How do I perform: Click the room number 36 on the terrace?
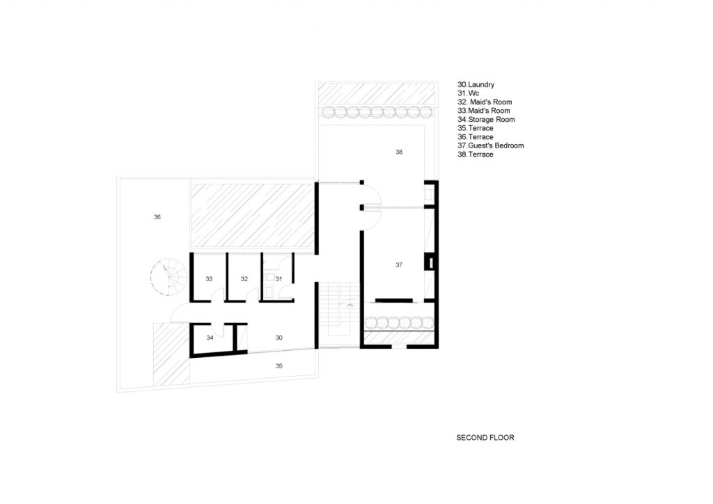[157, 217]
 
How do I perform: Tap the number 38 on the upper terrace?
[399, 152]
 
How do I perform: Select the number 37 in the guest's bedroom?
[399, 265]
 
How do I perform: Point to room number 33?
[209, 279]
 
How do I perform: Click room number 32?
[244, 279]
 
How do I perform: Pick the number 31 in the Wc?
[279, 279]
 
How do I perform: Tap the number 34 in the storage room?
[210, 338]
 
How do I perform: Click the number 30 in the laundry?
[279, 338]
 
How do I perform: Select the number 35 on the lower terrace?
[279, 366]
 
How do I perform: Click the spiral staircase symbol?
[169, 277]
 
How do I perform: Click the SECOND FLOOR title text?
[485, 438]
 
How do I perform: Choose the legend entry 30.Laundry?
[476, 84]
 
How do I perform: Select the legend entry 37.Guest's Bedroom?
[491, 145]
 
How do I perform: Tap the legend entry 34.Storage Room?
[486, 120]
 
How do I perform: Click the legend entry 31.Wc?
[469, 93]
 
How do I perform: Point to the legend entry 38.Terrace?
[475, 155]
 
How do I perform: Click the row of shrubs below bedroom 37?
[400, 323]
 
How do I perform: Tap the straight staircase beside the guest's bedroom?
[339, 309]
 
